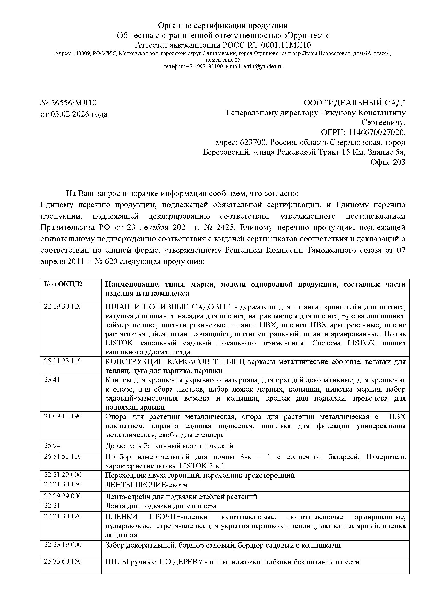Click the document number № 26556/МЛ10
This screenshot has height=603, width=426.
pyautogui.click(x=69, y=103)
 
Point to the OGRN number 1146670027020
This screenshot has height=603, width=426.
pyautogui.click(x=375, y=132)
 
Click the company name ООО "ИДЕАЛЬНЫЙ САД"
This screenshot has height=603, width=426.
pyautogui.click(x=354, y=103)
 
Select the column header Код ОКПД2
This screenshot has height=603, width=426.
pyautogui.click(x=63, y=284)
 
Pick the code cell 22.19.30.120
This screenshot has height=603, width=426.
pyautogui.click(x=63, y=306)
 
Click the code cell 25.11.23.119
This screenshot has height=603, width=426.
pyautogui.click(x=63, y=361)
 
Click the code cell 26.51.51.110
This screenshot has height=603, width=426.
pyautogui.click(x=63, y=456)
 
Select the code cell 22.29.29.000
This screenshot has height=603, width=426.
pyautogui.click(x=63, y=496)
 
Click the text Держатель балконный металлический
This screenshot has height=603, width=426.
pyautogui.click(x=169, y=446)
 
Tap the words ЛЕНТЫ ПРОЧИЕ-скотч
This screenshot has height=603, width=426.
pyautogui.click(x=146, y=485)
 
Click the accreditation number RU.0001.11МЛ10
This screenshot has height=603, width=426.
pyautogui.click(x=279, y=45)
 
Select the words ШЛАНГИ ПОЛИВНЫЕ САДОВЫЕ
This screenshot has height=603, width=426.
pyautogui.click(x=168, y=307)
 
